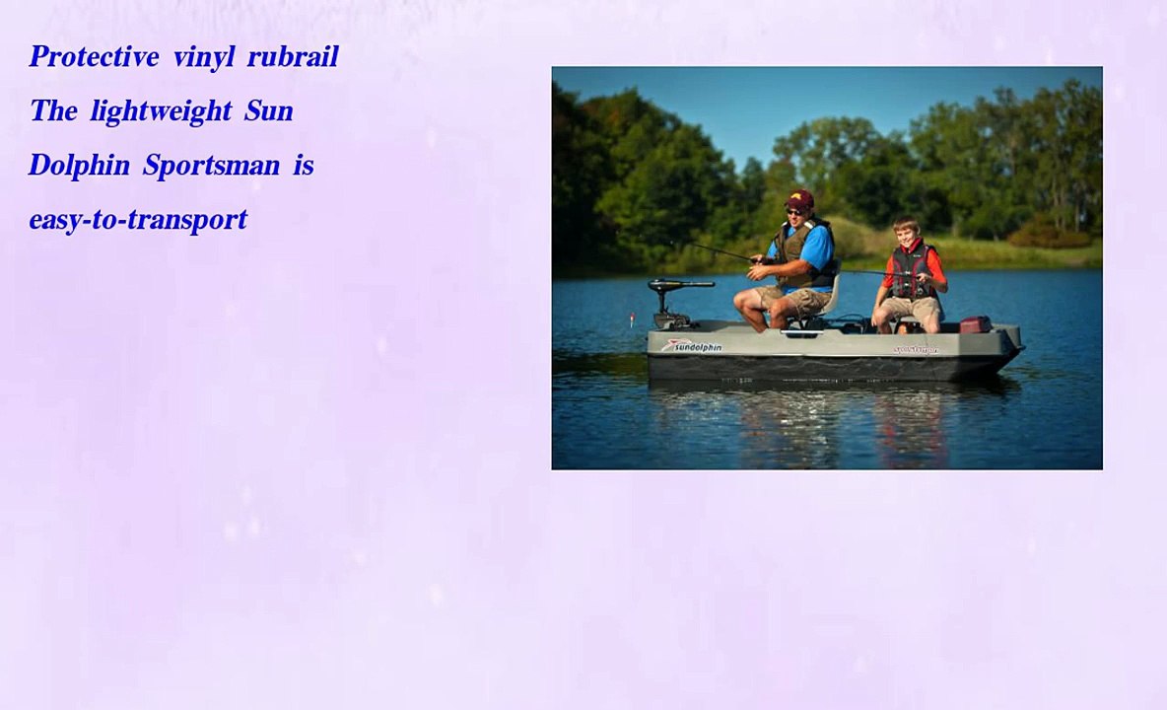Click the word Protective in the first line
coord(95,57)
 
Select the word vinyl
coord(204,57)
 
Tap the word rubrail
coord(293,57)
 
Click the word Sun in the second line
coord(269,111)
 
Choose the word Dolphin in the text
coord(79,166)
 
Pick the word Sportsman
coord(211,166)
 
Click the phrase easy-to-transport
coord(138,220)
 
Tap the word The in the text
coord(53,111)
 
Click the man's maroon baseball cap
coord(799,198)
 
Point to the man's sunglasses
coord(794,211)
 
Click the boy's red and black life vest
coord(910,270)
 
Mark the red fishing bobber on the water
coord(632,319)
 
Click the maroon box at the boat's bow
coord(974,324)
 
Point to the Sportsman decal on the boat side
coord(916,349)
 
